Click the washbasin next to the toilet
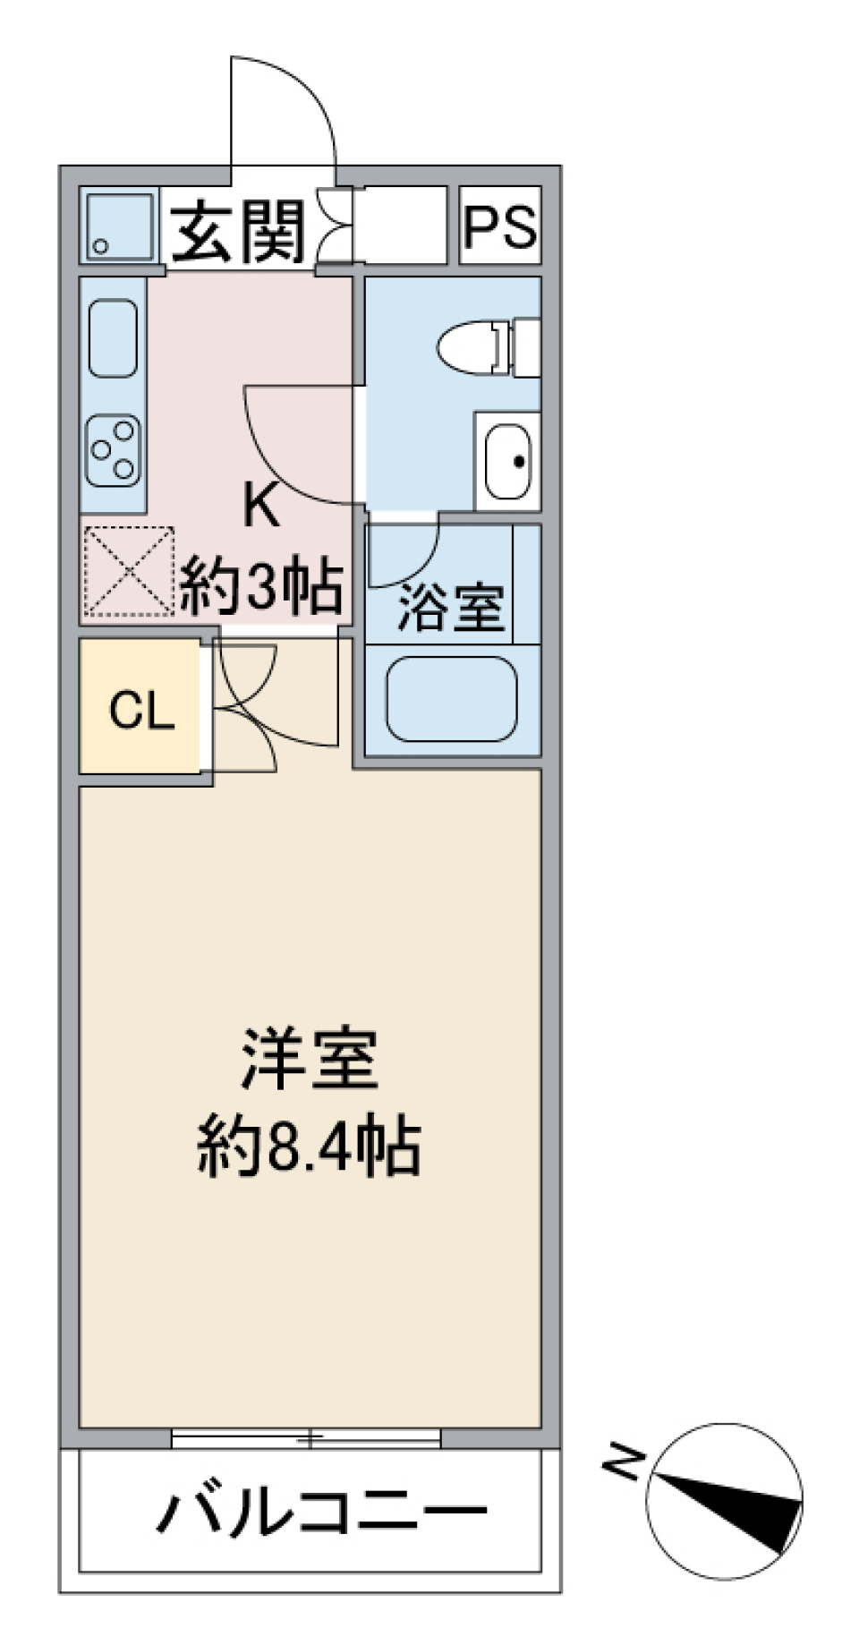click(x=507, y=462)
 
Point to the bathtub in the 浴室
click(x=452, y=699)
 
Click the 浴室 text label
click(x=451, y=609)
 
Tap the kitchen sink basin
click(x=114, y=337)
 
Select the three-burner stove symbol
click(x=114, y=451)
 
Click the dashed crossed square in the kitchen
click(x=127, y=570)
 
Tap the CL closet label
click(x=140, y=712)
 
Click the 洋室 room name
click(x=310, y=1060)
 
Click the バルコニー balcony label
click(x=322, y=1513)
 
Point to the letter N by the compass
click(x=624, y=1463)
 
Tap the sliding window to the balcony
click(x=306, y=1438)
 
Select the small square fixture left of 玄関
click(x=119, y=226)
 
